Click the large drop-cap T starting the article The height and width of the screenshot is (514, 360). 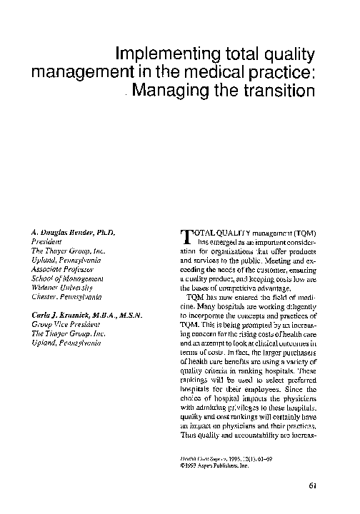[180, 237]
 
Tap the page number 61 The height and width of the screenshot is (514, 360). [313, 487]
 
